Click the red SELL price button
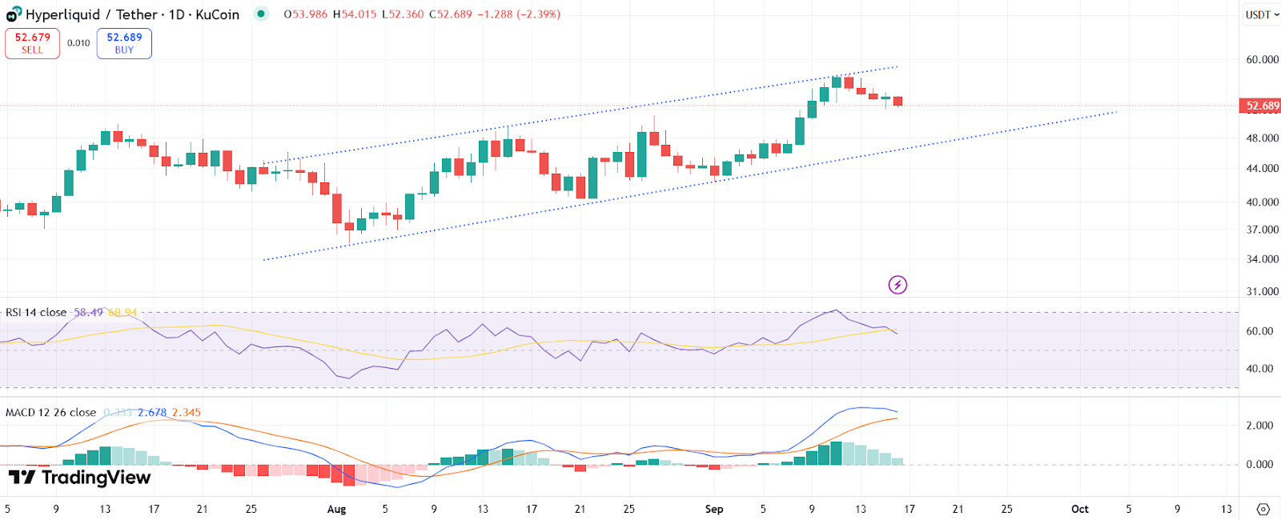32,43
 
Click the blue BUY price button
124,43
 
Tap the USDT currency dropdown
1262,14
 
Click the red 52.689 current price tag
1262,106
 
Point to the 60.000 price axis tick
1262,59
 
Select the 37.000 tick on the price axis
1262,230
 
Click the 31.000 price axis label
1262,291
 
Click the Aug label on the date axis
336,509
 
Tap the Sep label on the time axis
714,509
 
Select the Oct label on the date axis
1080,509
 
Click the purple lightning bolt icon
898,285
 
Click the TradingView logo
79,478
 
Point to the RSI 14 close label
36,312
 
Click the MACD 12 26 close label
50,413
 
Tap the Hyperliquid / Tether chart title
132,14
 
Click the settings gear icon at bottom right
1263,509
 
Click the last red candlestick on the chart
898,101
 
